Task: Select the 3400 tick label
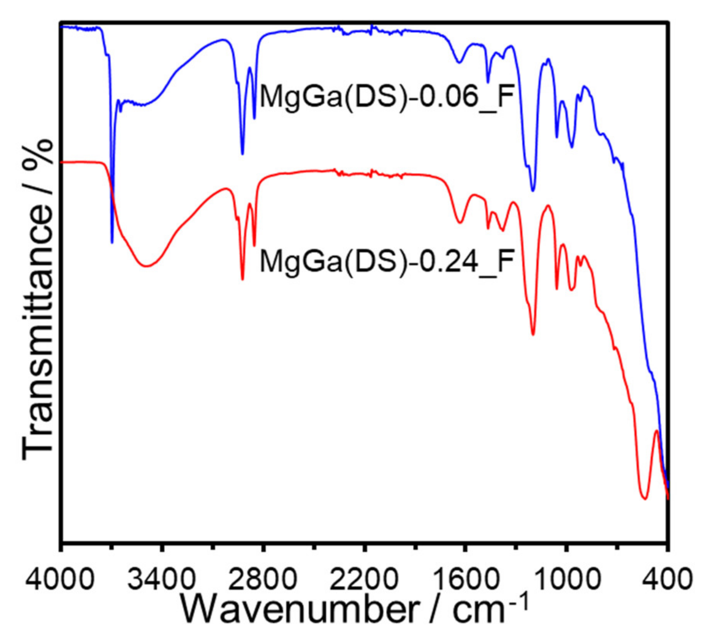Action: pyautogui.click(x=161, y=579)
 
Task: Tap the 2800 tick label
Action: pyautogui.click(x=262, y=579)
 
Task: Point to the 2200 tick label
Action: pyautogui.click(x=363, y=579)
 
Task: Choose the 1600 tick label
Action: pyautogui.click(x=465, y=579)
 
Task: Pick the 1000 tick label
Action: pyautogui.click(x=566, y=579)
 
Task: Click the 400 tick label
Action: pyautogui.click(x=666, y=579)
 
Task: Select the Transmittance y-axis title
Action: pyautogui.click(x=37, y=301)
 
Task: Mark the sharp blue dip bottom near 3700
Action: pyautogui.click(x=112, y=242)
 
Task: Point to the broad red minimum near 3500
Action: pyautogui.click(x=147, y=266)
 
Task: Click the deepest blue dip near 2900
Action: pyautogui.click(x=242, y=154)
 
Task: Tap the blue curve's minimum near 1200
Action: pyautogui.click(x=533, y=190)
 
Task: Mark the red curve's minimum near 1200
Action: pyautogui.click(x=533, y=335)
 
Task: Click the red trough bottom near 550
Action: pyautogui.click(x=644, y=499)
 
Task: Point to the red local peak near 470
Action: pyautogui.click(x=656, y=431)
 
